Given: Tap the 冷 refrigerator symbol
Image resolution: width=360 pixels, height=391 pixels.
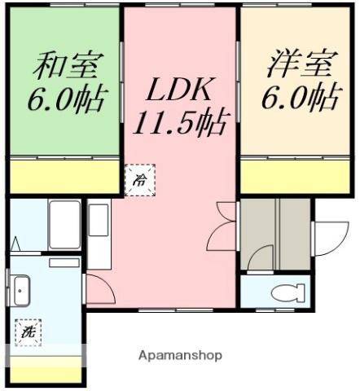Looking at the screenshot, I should coord(140,179).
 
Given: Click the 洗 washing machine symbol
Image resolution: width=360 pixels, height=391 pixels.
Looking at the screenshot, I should coord(28,331).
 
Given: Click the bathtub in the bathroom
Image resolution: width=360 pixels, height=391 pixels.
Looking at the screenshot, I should coord(64,221).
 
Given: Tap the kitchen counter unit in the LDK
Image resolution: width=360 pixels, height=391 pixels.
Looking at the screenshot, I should coord(99,232).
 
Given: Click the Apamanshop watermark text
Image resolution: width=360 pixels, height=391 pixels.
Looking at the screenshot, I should coord(180,357).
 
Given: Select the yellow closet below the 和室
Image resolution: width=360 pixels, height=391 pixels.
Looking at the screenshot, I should coord(65,176).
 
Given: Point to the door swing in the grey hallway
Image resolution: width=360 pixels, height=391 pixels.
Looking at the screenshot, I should coord(260,258).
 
